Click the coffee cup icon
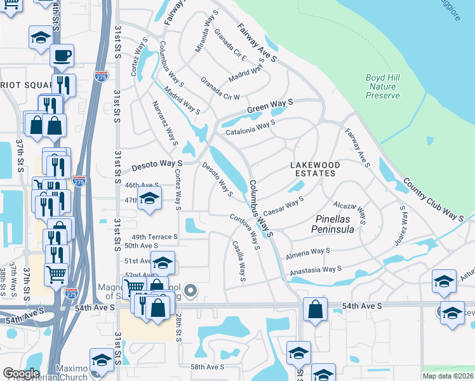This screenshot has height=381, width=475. click(x=62, y=55)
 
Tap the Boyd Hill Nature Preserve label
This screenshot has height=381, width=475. click(x=383, y=87)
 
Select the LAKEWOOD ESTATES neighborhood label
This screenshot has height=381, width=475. click(x=315, y=169)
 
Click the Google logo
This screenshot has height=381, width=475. click(x=21, y=373)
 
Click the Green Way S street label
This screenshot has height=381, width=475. click(x=270, y=105)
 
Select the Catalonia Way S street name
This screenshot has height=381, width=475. click(x=250, y=129)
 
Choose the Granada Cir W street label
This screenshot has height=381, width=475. click(x=220, y=89)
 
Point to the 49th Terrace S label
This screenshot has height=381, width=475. click(x=150, y=237)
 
